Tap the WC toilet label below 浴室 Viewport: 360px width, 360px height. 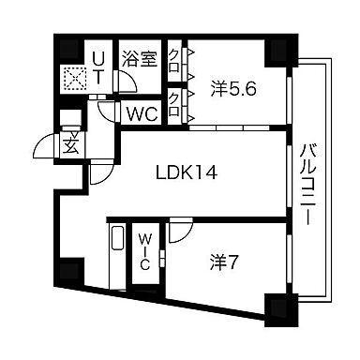(142, 113)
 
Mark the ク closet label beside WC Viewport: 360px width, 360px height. (175, 101)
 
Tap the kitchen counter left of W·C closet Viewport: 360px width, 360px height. (116, 258)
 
